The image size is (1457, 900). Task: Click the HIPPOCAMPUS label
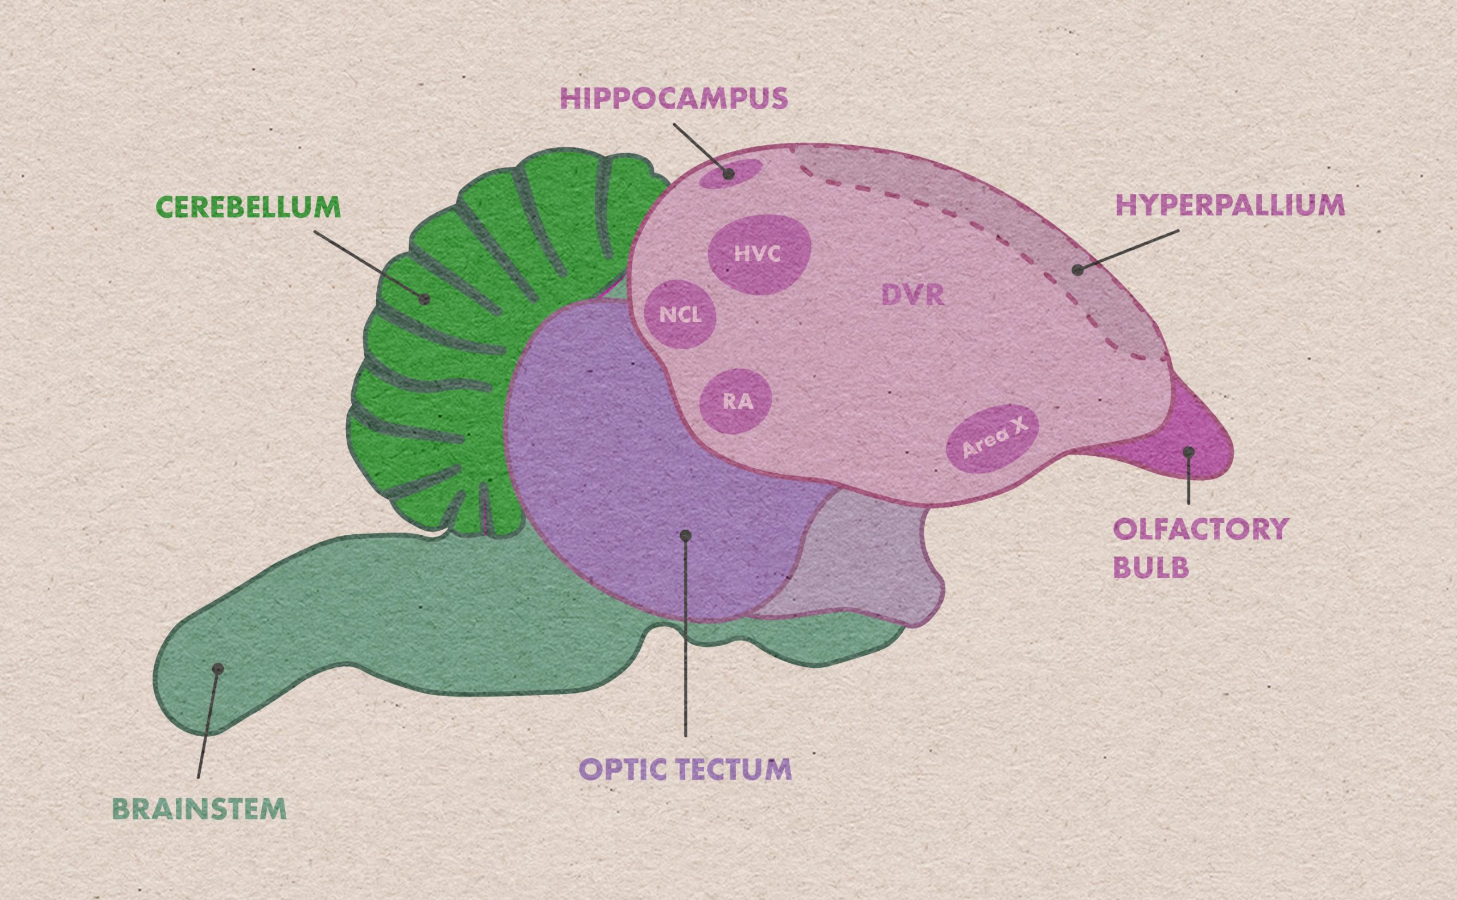(x=673, y=99)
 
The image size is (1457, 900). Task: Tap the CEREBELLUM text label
(x=248, y=208)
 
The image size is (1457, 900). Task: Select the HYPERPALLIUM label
(x=1229, y=206)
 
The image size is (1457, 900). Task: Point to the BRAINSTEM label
(x=199, y=810)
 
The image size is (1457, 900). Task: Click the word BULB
(x=1150, y=568)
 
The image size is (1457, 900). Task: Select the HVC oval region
(x=759, y=254)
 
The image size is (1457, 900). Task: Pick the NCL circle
(x=680, y=314)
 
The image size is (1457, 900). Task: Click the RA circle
(x=736, y=401)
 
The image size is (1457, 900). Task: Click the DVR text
(x=912, y=295)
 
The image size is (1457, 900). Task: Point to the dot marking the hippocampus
(x=727, y=174)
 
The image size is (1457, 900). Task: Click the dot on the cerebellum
(x=424, y=299)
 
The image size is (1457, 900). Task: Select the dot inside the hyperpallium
(x=1076, y=270)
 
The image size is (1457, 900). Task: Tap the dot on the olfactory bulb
(x=1188, y=452)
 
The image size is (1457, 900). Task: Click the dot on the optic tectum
(x=685, y=536)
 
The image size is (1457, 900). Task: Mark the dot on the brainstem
(x=218, y=668)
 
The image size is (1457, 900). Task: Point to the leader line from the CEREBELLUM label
(x=369, y=266)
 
